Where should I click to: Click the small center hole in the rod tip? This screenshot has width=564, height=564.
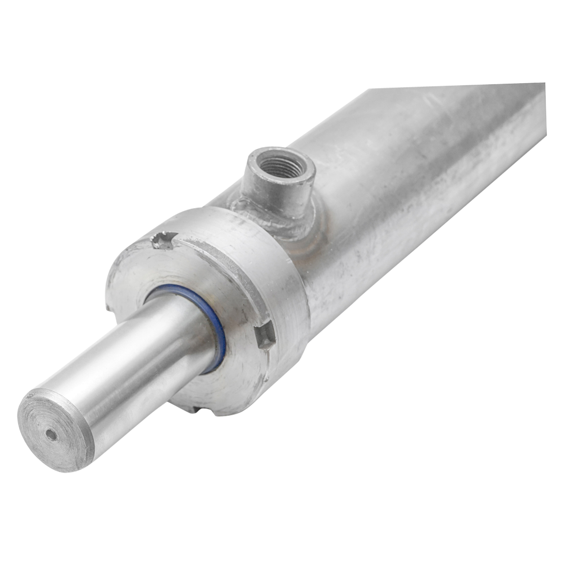click(51, 435)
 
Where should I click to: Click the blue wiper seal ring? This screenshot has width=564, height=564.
click(217, 329)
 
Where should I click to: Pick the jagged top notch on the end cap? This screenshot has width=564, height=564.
click(163, 241)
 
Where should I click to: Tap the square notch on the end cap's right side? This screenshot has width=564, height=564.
click(265, 337)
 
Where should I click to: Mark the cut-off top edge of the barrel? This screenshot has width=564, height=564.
click(456, 86)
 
